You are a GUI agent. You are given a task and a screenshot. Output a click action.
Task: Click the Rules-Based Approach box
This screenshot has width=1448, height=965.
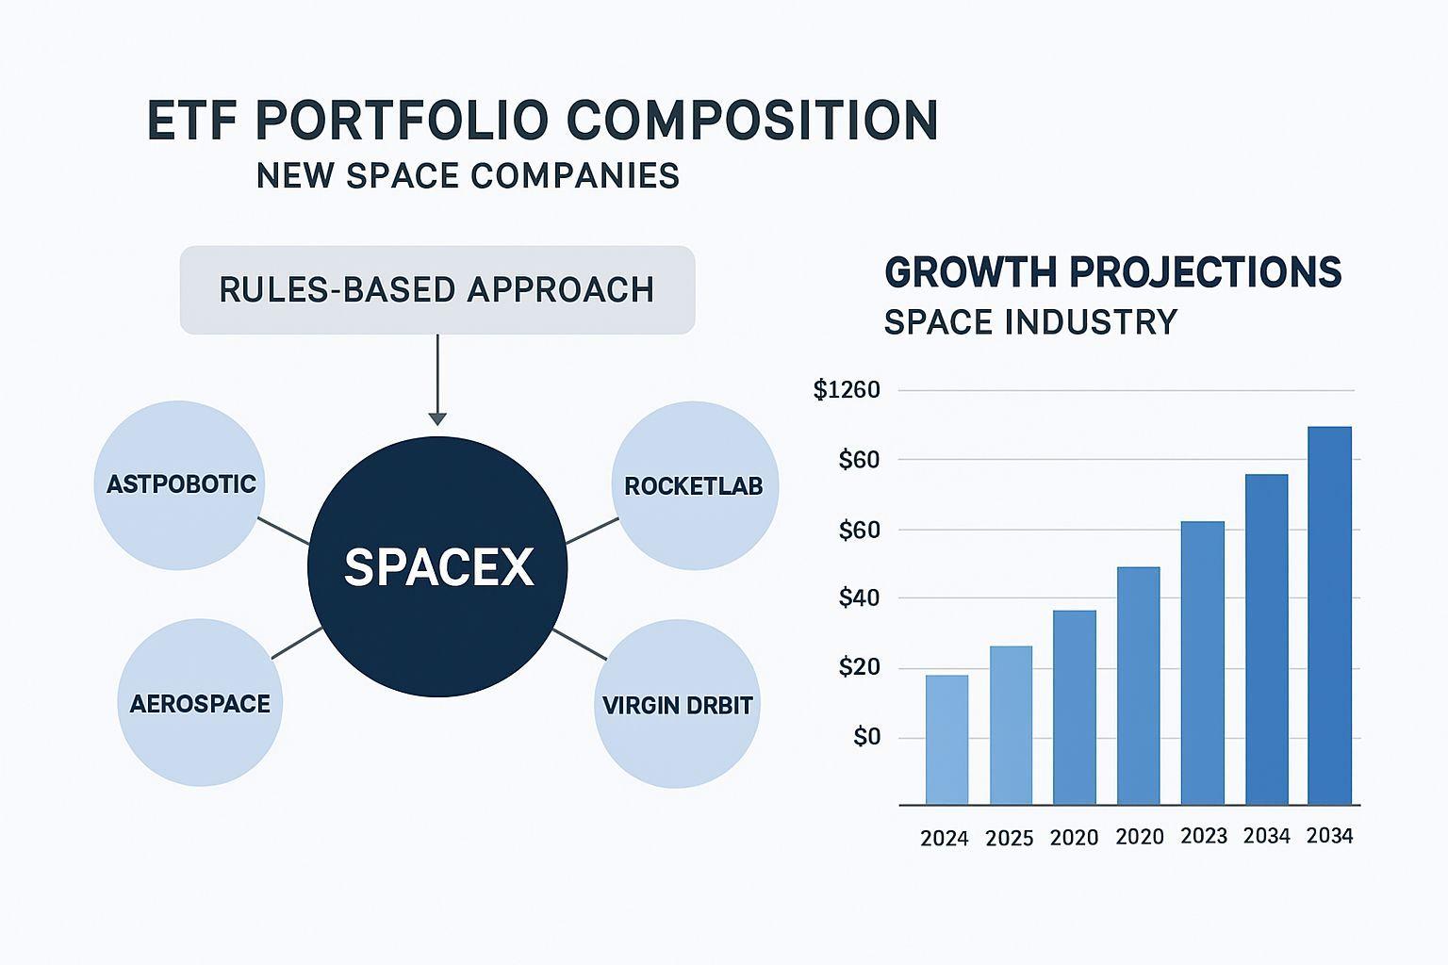click(x=437, y=290)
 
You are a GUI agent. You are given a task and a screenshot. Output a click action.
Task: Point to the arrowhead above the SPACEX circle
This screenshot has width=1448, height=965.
click(x=437, y=417)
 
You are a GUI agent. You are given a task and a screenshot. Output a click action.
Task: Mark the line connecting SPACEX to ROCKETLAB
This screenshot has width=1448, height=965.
click(x=592, y=531)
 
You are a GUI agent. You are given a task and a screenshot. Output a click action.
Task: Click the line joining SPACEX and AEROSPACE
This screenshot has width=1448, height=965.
click(x=297, y=643)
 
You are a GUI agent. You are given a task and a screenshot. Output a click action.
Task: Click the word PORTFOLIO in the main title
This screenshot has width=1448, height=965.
click(x=401, y=121)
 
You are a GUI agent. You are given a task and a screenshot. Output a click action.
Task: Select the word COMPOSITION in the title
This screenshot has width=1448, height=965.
click(x=752, y=121)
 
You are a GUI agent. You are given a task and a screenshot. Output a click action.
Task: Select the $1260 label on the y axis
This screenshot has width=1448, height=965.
click(x=847, y=390)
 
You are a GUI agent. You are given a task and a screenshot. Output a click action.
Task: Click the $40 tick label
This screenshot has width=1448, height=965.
click(x=859, y=598)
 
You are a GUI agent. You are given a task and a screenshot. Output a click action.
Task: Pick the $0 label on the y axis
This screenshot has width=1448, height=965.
click(x=866, y=737)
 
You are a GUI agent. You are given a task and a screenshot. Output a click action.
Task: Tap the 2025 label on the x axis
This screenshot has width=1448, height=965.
click(x=1010, y=838)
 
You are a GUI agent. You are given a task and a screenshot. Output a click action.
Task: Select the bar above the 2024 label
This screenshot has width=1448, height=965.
click(x=946, y=740)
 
